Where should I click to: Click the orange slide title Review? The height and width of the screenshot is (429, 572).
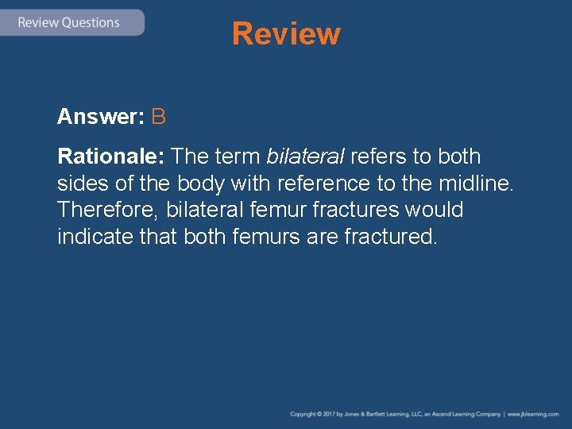(x=286, y=34)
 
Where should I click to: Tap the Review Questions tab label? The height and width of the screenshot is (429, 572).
(x=69, y=22)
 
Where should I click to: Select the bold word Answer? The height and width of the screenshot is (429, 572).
(x=100, y=118)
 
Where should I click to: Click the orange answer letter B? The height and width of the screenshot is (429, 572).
(x=158, y=118)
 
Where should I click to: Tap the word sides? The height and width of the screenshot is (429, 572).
(x=80, y=184)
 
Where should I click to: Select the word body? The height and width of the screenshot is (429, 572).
(x=202, y=184)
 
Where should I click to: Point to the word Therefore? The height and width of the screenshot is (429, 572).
(x=107, y=211)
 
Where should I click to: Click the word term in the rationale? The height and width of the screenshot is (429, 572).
(x=238, y=157)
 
